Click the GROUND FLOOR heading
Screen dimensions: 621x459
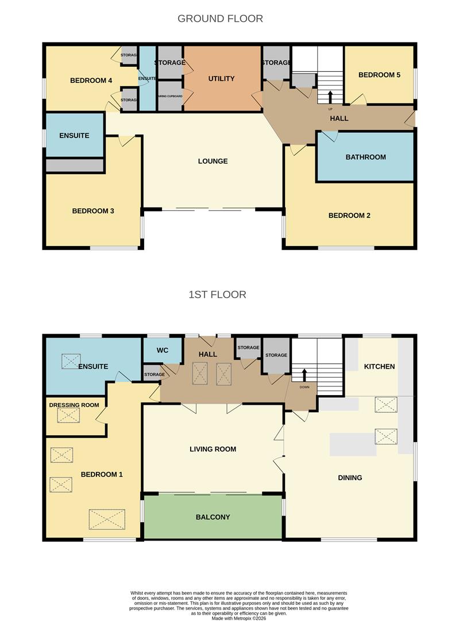(x=220, y=18)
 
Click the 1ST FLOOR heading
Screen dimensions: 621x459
(x=217, y=294)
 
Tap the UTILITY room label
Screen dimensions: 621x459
(x=221, y=78)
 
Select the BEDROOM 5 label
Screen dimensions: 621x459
(x=379, y=75)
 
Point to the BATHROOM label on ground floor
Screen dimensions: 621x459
(x=365, y=157)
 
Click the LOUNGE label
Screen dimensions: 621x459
(x=213, y=161)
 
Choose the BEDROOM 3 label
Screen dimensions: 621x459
(x=93, y=211)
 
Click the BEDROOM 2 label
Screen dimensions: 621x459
(x=349, y=216)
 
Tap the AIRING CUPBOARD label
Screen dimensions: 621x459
(x=169, y=97)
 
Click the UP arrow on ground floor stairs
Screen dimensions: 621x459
(x=330, y=96)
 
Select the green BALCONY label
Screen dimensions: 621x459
(x=213, y=517)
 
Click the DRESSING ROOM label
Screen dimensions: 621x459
(x=74, y=405)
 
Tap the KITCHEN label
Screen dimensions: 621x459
(x=379, y=366)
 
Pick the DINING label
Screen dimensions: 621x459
(x=350, y=477)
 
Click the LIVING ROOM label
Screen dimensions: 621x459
(x=213, y=449)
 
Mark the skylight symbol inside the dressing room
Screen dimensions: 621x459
(x=68, y=415)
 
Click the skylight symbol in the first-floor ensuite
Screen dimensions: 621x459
(x=72, y=361)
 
